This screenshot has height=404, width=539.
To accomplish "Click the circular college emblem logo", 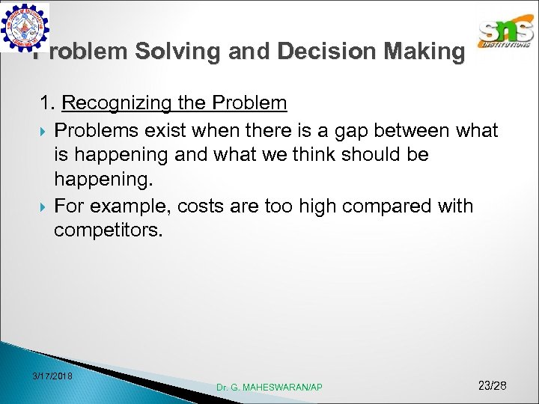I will coord(25,26).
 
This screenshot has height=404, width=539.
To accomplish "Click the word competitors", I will coord(107,230).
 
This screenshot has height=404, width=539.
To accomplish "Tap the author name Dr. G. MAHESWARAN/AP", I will coord(269,387).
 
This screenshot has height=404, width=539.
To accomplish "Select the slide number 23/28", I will coord(492,385).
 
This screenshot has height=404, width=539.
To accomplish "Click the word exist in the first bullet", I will coord(163,131).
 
